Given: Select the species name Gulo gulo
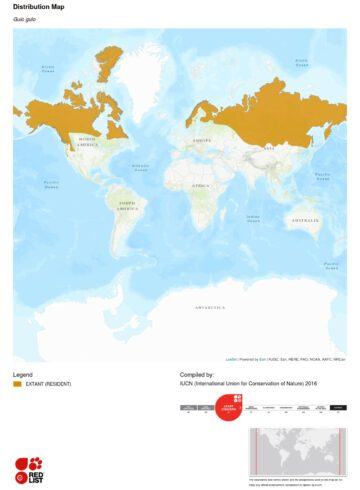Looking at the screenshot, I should pyautogui.click(x=22, y=20).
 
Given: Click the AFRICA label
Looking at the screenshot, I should pyautogui.click(x=202, y=185).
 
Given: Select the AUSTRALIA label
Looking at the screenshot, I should pyautogui.click(x=303, y=219).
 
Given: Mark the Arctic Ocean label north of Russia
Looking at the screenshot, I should pyautogui.click(x=301, y=62).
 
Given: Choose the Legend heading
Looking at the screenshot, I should pyautogui.click(x=23, y=373).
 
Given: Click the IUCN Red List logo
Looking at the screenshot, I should pyautogui.click(x=28, y=467).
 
